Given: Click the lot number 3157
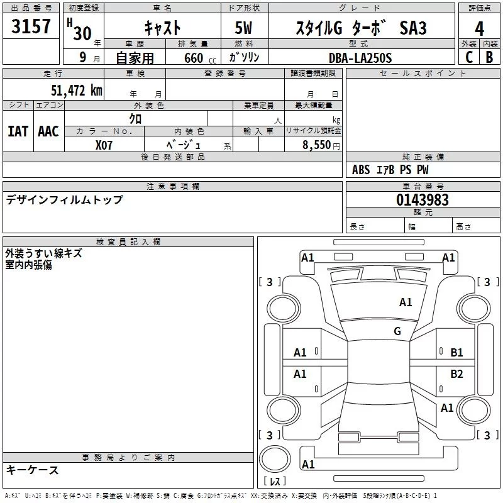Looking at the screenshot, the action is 31,26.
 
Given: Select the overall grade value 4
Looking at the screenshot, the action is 479,29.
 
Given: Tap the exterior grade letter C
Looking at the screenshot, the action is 469,57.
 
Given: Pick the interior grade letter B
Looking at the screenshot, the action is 489,57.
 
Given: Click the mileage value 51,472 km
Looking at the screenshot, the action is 77,90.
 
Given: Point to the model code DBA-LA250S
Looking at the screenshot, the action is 360,58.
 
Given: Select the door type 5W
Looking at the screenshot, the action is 243,28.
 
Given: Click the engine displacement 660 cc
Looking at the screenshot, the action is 200,58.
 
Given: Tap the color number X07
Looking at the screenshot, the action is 104,145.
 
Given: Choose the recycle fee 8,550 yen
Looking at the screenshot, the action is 321,145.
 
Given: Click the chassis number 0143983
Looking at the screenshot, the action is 422,200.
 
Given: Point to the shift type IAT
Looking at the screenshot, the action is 18,131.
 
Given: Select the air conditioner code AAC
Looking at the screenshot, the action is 48,131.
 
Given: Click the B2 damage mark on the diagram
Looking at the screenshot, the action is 456,373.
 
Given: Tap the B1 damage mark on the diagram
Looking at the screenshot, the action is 456,353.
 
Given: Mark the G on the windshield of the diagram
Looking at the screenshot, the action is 397,331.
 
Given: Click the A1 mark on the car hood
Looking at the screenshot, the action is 406,302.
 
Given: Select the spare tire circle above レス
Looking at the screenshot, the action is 275,459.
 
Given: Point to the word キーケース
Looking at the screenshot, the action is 33,470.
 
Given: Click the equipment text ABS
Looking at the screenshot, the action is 361,170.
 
